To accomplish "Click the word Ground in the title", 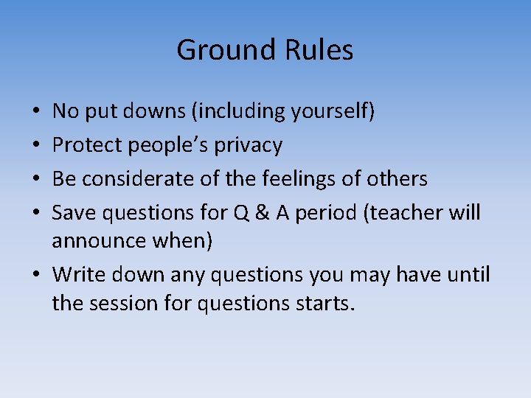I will tap(217, 50).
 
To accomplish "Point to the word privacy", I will tap(248, 146).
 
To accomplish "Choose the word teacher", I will tap(402, 213).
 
